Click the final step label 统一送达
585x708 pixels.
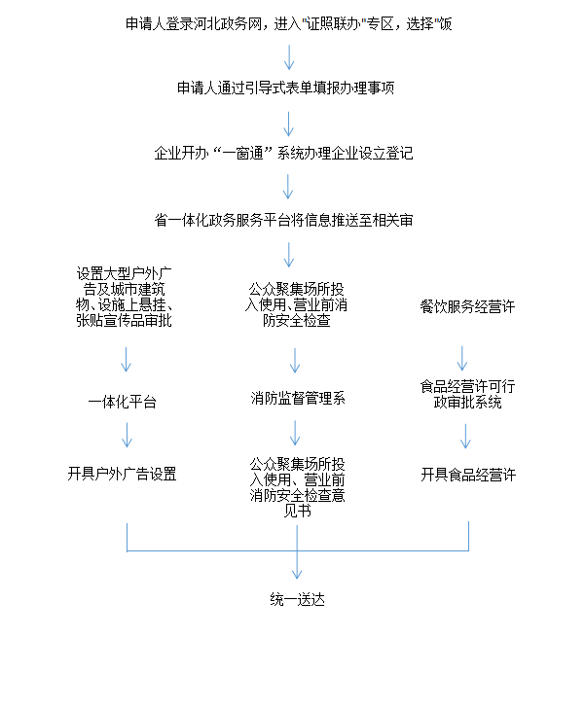(297, 600)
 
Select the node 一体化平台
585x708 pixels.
(122, 402)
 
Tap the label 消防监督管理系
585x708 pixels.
(298, 399)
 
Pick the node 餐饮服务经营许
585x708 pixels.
(467, 307)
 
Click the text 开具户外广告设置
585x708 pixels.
(122, 475)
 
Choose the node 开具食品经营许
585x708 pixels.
(468, 475)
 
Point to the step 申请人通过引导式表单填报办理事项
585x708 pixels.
(286, 88)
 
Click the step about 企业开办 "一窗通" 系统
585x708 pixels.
(283, 154)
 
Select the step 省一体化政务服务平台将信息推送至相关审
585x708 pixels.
(283, 221)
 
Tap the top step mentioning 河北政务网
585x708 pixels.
(289, 24)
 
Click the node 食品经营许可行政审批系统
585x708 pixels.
(467, 394)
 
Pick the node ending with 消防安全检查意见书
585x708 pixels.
(297, 487)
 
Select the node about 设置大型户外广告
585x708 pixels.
(124, 298)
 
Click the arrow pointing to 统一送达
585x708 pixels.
(297, 551)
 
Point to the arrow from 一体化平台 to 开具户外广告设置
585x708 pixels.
(128, 435)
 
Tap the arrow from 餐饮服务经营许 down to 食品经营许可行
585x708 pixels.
(462, 359)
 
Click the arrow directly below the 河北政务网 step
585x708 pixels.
(289, 56)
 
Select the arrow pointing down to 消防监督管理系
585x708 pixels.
(295, 360)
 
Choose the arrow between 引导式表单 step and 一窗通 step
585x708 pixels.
(288, 124)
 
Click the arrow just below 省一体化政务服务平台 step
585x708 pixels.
(289, 255)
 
